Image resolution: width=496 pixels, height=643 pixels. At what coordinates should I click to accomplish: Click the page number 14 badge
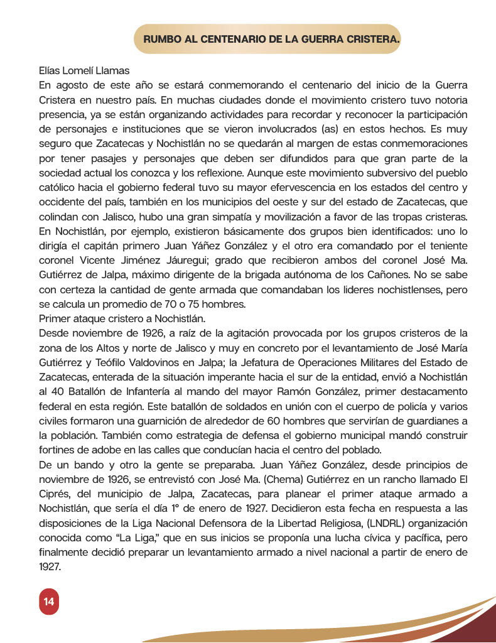48,602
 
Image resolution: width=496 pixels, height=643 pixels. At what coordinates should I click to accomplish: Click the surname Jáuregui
187,260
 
